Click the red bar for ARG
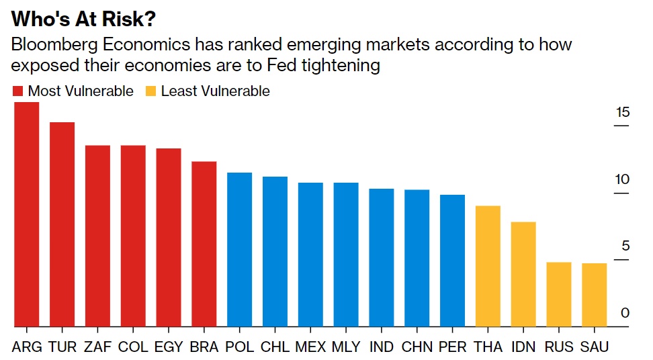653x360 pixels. pyautogui.click(x=27, y=215)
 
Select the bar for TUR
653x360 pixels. pyautogui.click(x=62, y=224)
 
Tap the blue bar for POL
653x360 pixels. pyautogui.click(x=240, y=250)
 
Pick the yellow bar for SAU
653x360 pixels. pyautogui.click(x=594, y=295)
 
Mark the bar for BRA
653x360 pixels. pyautogui.click(x=204, y=244)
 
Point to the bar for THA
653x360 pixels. pyautogui.click(x=488, y=266)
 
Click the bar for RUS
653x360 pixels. pyautogui.click(x=559, y=294)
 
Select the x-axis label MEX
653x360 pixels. pyautogui.click(x=310, y=347)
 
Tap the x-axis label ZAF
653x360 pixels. pyautogui.click(x=97, y=347)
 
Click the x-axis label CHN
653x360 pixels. pyautogui.click(x=417, y=347)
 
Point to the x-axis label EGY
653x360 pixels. pyautogui.click(x=169, y=347)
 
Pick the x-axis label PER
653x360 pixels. pyautogui.click(x=452, y=347)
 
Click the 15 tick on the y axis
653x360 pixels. pyautogui.click(x=623, y=112)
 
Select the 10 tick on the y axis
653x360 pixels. pyautogui.click(x=623, y=179)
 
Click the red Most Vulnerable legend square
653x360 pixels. pyautogui.click(x=17, y=91)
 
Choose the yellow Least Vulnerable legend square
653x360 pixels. pyautogui.click(x=150, y=91)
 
